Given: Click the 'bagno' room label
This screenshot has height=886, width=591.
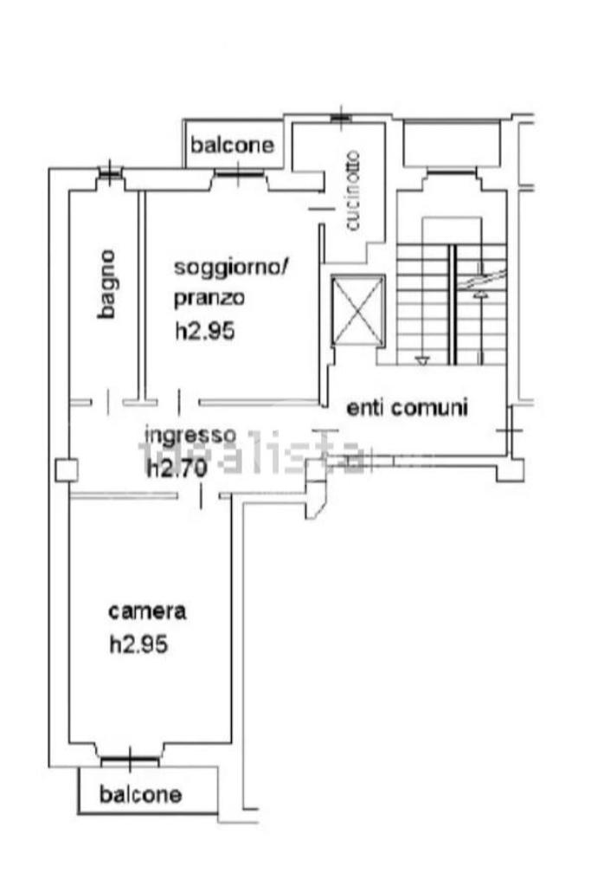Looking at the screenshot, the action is [107, 284].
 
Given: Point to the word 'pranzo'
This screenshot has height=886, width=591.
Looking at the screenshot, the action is [209, 299].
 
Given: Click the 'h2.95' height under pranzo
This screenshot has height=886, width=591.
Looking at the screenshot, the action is [205, 331].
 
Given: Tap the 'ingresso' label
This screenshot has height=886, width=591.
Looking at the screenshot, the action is [190, 434].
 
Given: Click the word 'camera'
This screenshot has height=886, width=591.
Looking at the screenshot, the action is [147, 611].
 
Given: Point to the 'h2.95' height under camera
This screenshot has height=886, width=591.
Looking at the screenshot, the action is [138, 644].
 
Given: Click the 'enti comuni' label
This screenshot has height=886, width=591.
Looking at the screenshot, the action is [407, 407].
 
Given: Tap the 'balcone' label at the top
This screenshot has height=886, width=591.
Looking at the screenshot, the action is [233, 145].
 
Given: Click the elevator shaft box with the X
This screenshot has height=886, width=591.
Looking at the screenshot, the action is [358, 310].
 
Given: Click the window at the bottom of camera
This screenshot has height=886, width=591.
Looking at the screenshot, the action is [130, 761].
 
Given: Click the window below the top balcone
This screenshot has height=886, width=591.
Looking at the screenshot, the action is [240, 176].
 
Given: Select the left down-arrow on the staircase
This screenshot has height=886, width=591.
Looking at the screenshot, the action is [422, 359].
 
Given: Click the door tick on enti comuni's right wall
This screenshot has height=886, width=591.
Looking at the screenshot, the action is [510, 430].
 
